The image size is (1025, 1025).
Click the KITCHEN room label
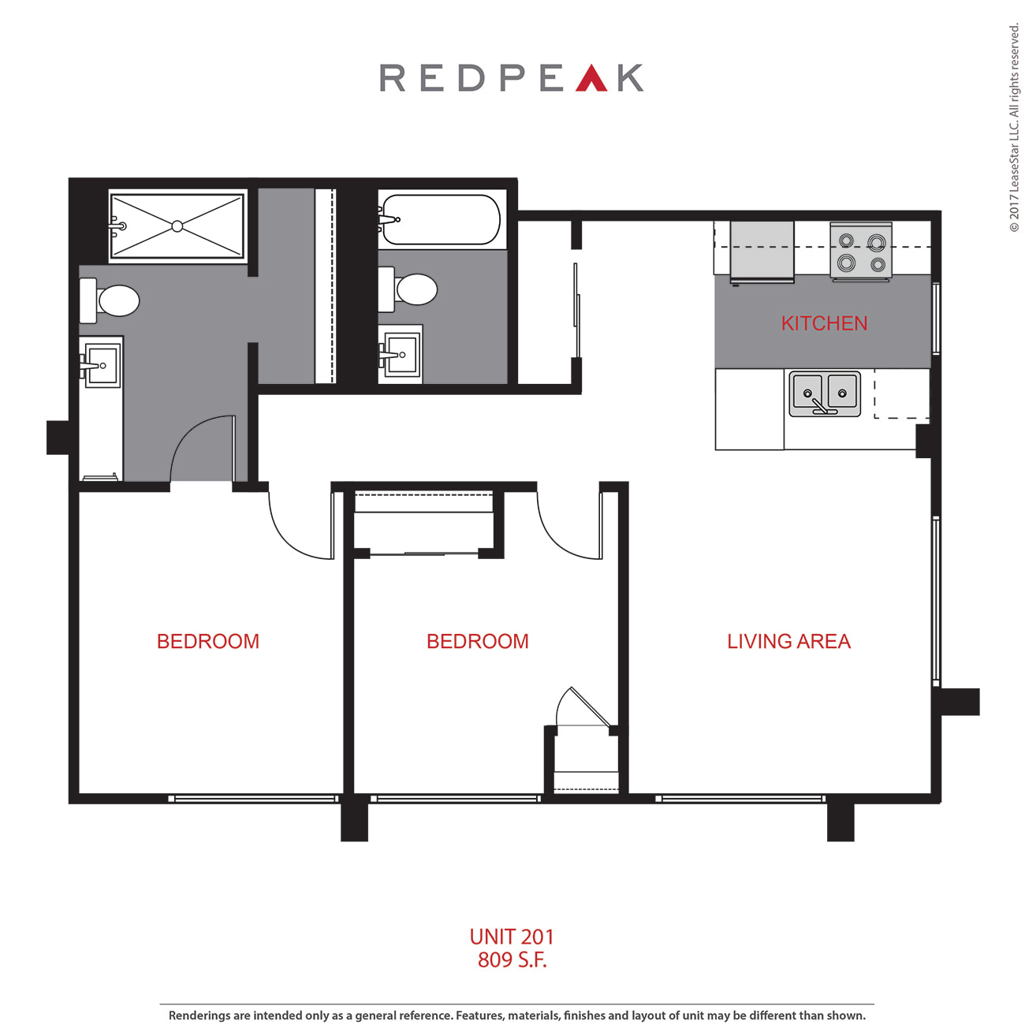point(823,323)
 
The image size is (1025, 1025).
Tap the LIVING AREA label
point(788,642)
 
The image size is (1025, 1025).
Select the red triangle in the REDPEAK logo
point(591,77)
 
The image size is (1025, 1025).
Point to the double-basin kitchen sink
point(825,394)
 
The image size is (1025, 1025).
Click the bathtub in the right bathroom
point(440,220)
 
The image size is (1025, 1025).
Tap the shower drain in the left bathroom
point(177,226)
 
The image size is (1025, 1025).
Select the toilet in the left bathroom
point(110,300)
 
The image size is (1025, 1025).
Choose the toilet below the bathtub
point(408,289)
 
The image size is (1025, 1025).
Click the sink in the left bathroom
point(102,365)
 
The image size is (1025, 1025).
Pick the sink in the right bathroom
point(400,354)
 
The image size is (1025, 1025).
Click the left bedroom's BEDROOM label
point(208,642)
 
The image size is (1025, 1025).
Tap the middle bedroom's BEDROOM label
point(478,642)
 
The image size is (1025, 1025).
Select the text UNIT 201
point(512,937)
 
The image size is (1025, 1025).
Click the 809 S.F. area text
point(512,960)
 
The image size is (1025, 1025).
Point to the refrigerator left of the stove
point(762,251)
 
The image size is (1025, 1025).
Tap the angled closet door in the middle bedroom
point(591,706)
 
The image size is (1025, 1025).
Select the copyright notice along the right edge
point(1014,129)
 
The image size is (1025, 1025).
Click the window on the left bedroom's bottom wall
point(253,799)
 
